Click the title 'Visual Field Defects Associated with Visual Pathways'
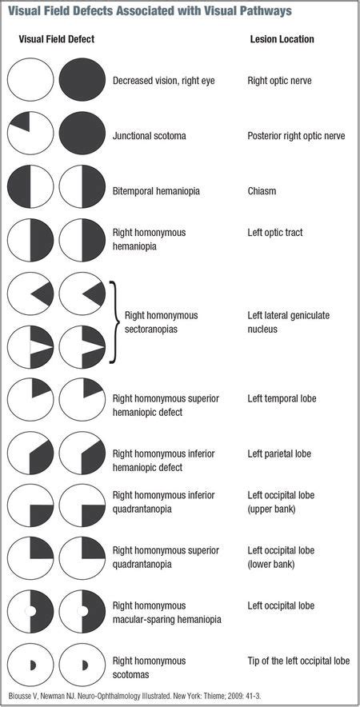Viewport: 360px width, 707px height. pos(150,11)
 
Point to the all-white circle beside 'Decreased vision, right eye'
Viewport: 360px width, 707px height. pos(30,80)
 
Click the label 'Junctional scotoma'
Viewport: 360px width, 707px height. pos(150,136)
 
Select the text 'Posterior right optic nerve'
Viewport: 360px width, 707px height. pos(296,136)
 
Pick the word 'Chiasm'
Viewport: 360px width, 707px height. pos(262,192)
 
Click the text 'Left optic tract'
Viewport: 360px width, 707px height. pos(275,233)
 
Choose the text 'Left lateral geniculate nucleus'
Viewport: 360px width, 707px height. pos(287,322)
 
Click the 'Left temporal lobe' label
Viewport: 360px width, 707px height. pos(280,398)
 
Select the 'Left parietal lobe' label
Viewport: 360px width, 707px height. pos(279,453)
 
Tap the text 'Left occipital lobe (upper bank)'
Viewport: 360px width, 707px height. pos(280,502)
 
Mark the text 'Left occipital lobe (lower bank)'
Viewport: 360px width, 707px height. pos(280,557)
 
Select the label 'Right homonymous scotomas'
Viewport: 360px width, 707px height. pos(150,668)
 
